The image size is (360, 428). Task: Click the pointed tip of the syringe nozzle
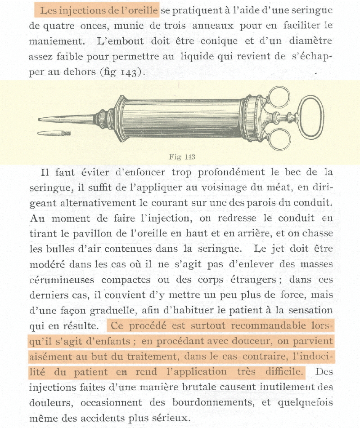click(x=40, y=120)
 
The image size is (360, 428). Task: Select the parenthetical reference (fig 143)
click(x=121, y=72)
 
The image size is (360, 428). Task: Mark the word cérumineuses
click(x=62, y=280)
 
